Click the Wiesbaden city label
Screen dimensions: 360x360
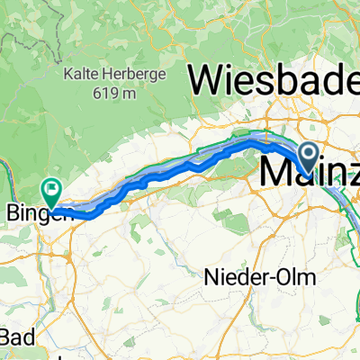coord(274,84)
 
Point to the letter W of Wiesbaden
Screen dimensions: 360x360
coord(204,84)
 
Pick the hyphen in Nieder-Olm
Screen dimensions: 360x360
coord(275,279)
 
